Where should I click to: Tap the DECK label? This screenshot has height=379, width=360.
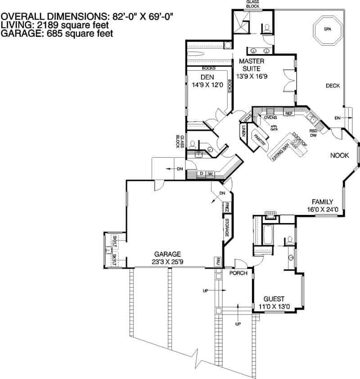click(x=333, y=86)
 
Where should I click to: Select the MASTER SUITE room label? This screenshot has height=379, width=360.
click(x=252, y=64)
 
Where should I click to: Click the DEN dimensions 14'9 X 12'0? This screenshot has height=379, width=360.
click(x=204, y=84)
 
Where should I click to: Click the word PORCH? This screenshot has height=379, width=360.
click(x=238, y=273)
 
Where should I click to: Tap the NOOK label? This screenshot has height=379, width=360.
click(x=340, y=156)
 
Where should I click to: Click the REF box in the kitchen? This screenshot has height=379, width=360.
click(x=289, y=113)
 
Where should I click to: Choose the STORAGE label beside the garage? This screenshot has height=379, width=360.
click(x=227, y=227)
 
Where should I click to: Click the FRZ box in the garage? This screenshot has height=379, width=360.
click(x=227, y=207)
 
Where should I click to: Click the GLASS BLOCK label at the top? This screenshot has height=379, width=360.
click(x=252, y=4)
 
